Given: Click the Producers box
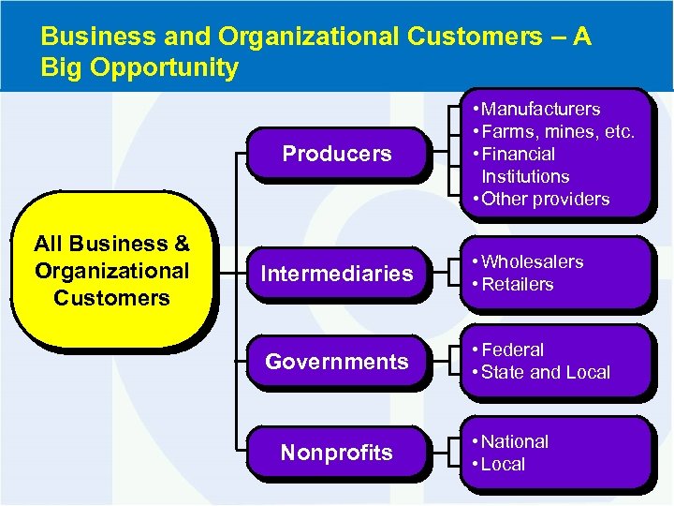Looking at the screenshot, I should [x=337, y=154].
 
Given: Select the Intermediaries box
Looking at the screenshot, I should [x=337, y=274].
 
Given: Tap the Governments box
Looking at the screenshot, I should [x=337, y=362].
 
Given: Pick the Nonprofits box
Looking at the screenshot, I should [x=337, y=453].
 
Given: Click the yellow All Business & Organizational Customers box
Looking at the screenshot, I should [x=111, y=271].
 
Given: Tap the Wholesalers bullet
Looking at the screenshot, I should [x=532, y=261].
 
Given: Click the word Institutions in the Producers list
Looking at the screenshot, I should [x=525, y=176].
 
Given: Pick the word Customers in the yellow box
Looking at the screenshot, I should [x=111, y=298].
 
